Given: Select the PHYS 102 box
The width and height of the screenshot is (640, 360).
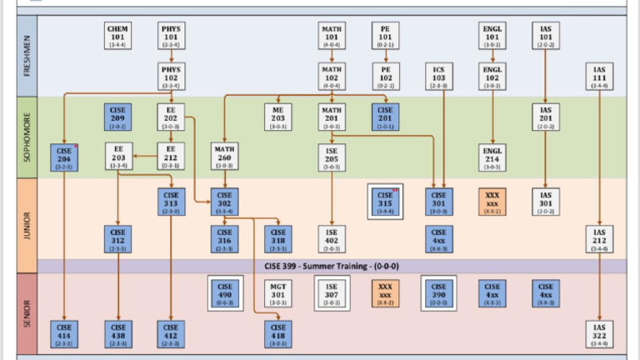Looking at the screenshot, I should [x=171, y=76].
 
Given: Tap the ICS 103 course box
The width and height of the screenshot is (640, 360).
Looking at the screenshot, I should [x=438, y=76].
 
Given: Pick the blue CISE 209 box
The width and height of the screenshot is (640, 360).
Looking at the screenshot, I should [x=117, y=117].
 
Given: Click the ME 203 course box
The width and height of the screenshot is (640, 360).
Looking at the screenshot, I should [x=278, y=117].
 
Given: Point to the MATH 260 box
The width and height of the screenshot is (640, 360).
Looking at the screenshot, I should [x=224, y=156].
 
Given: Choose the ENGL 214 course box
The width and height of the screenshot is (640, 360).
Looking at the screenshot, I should [x=492, y=156].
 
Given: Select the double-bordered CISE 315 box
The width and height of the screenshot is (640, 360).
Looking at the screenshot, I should [x=385, y=201].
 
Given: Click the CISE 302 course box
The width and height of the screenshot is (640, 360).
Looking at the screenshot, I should [x=224, y=201].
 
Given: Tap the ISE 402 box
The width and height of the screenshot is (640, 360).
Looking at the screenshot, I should [x=332, y=238].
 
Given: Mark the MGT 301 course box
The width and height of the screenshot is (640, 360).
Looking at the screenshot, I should [x=278, y=292].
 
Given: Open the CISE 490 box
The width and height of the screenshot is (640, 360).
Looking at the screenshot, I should [x=224, y=292].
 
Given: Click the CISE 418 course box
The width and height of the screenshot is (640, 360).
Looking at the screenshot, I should [x=278, y=332].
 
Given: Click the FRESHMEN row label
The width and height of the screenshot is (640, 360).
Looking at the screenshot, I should [x=26, y=55].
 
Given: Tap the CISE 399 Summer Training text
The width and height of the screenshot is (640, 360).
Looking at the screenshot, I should [x=331, y=265].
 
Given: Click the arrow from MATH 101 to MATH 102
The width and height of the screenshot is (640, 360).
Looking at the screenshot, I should [x=332, y=57].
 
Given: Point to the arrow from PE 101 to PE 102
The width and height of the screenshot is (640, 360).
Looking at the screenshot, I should [x=385, y=57].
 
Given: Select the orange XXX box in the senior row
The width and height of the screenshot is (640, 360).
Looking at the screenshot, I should [x=385, y=292].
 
